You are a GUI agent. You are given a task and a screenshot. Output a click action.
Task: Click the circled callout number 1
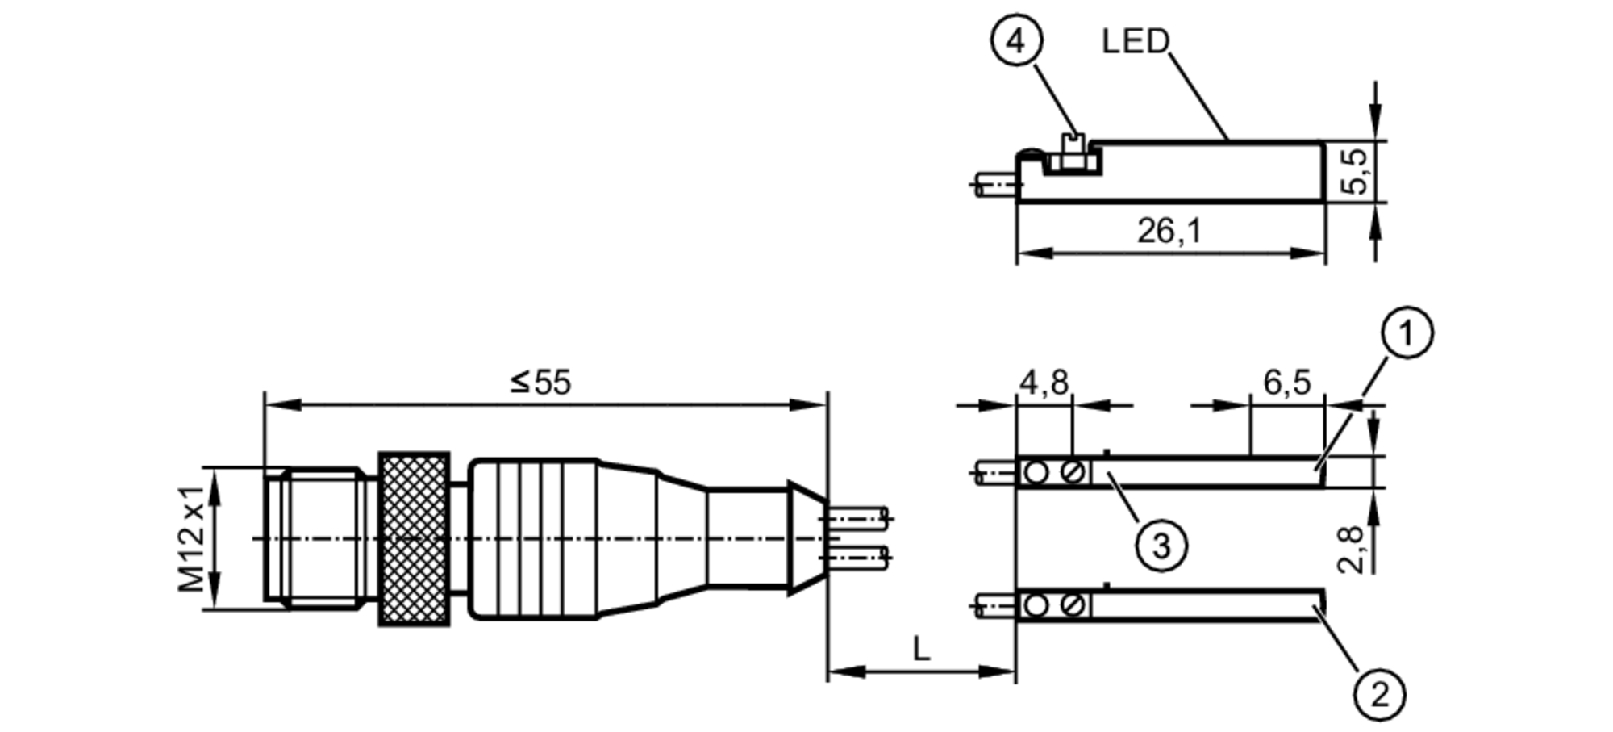coord(1407,333)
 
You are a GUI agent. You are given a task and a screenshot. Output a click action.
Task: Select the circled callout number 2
coord(1379,695)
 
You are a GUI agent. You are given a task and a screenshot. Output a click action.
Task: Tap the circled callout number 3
coord(1161,546)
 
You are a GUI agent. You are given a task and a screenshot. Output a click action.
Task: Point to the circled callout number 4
coord(1016,40)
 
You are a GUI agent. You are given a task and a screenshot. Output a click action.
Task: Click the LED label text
coord(1135,41)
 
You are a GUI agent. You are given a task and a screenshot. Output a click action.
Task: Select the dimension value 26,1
coord(1169,232)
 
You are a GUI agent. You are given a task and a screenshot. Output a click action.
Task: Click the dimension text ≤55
coord(540,383)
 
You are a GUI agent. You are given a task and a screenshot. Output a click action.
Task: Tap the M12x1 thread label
coord(191,538)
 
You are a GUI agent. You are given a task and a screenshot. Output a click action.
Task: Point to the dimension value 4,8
coord(1044,382)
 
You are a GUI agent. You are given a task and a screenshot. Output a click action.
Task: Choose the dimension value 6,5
coord(1286,382)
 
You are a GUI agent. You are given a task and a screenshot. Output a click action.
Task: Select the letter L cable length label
coord(920,648)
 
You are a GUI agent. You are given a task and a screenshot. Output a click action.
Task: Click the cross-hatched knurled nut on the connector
coord(414,538)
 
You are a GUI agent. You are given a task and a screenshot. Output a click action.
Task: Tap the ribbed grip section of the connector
coord(532,538)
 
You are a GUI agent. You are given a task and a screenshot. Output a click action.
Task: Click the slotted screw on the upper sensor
coord(1073,471)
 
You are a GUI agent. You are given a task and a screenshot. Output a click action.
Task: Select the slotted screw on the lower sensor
coord(1073,604)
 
